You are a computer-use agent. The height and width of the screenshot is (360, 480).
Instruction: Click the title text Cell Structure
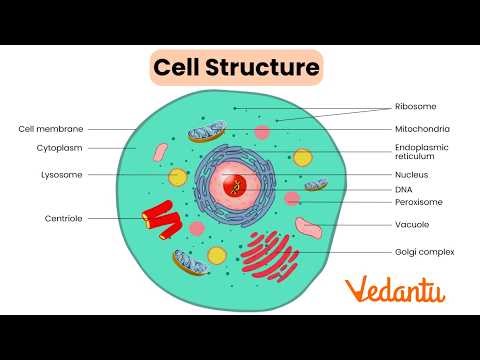coord(236,68)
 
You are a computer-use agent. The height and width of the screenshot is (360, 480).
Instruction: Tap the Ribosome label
coord(416,106)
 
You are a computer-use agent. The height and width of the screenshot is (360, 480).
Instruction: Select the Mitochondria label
coord(423,129)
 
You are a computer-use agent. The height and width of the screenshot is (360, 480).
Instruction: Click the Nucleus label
coord(413,174)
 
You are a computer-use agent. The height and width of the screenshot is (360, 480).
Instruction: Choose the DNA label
coord(405,189)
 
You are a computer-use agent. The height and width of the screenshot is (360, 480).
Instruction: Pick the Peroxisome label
coord(419,202)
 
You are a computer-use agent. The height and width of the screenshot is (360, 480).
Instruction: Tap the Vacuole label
coord(413,224)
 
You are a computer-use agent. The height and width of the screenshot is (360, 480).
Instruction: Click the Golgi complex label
coord(425,252)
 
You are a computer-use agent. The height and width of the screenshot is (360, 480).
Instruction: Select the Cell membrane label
coord(51,129)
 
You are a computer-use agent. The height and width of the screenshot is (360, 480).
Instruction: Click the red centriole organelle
coord(159,221)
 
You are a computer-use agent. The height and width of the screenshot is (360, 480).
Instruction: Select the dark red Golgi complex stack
coord(271,254)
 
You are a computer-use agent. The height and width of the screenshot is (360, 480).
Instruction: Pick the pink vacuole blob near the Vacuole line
coord(308,227)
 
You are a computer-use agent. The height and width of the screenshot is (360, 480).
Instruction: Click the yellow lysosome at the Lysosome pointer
coord(178,177)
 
